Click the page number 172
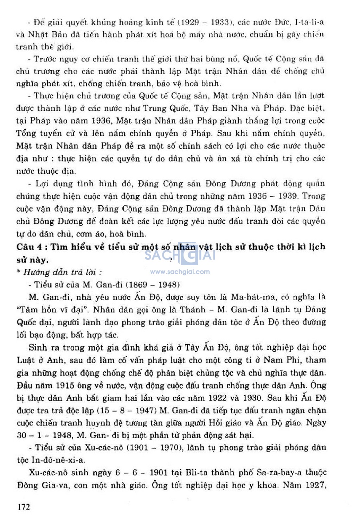24,507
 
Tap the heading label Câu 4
31,247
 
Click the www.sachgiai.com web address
180,272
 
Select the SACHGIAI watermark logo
180,254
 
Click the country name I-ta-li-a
309,22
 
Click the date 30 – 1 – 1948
44,435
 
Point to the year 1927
314,486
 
